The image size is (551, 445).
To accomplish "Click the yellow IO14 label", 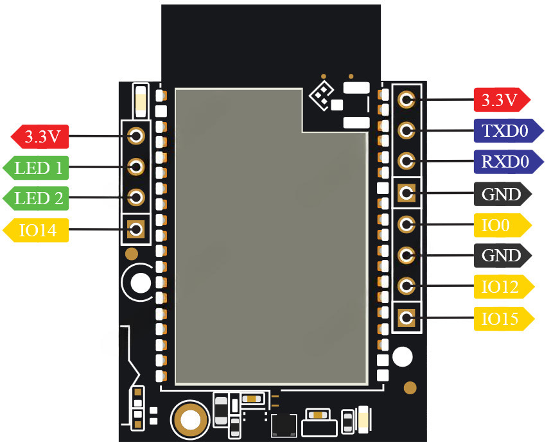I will tap(37, 229).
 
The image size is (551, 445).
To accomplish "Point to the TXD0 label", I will tap(502, 131).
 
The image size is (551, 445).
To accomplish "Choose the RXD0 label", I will tap(502, 161).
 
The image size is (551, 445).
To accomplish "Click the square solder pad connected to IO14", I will tap(136, 229).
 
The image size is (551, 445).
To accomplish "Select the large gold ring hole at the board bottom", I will tap(189, 420).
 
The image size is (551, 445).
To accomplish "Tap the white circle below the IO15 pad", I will tap(403, 357).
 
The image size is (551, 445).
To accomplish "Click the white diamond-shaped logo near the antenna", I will tap(321, 94).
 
